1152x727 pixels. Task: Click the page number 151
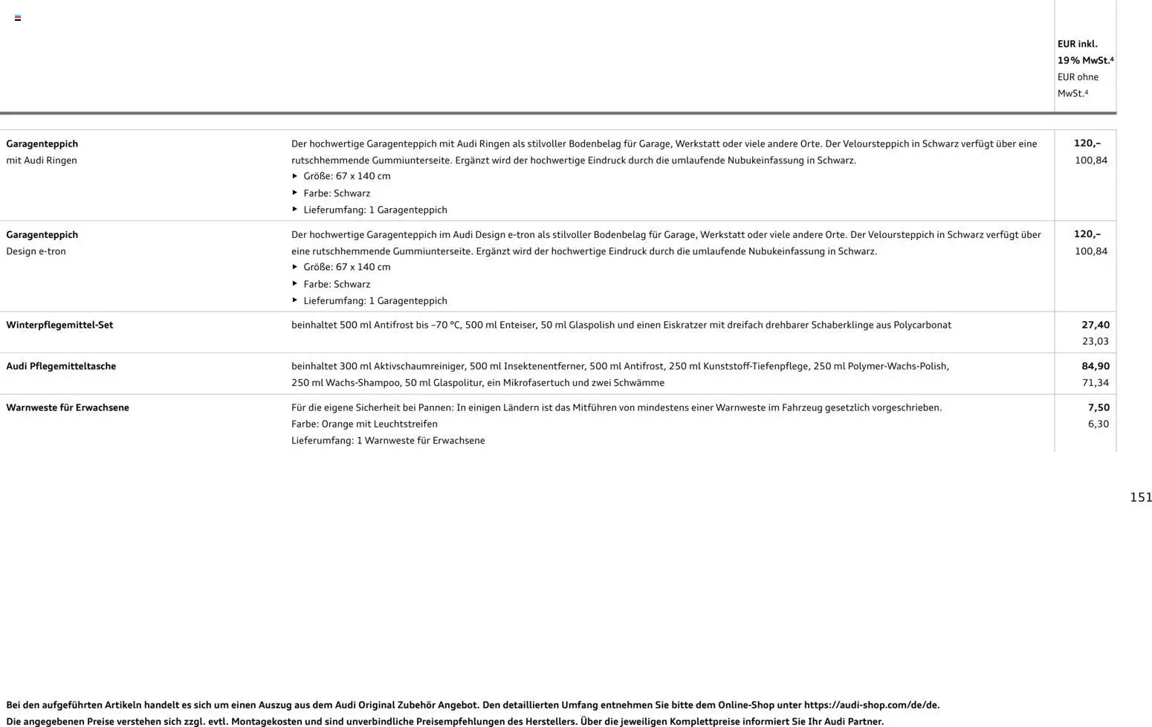(x=1140, y=497)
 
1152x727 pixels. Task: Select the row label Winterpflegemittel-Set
(x=59, y=325)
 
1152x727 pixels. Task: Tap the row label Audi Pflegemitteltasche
(x=61, y=366)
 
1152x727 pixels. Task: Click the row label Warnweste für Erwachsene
(x=68, y=407)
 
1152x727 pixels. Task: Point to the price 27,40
(x=1095, y=325)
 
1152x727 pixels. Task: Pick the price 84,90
(x=1095, y=366)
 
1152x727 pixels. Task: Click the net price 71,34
(x=1095, y=383)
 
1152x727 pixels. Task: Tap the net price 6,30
(x=1098, y=424)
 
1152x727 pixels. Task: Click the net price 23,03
(x=1095, y=341)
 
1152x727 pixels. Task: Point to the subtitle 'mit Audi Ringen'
(x=42, y=160)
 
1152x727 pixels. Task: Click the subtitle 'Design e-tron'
(x=36, y=251)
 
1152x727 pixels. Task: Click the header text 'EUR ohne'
(x=1078, y=77)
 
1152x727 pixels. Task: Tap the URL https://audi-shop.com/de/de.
(x=871, y=705)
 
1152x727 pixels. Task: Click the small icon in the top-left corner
(x=18, y=18)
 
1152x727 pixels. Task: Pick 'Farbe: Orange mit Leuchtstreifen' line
(x=364, y=424)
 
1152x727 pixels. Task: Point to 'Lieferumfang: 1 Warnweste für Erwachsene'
(x=388, y=440)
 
